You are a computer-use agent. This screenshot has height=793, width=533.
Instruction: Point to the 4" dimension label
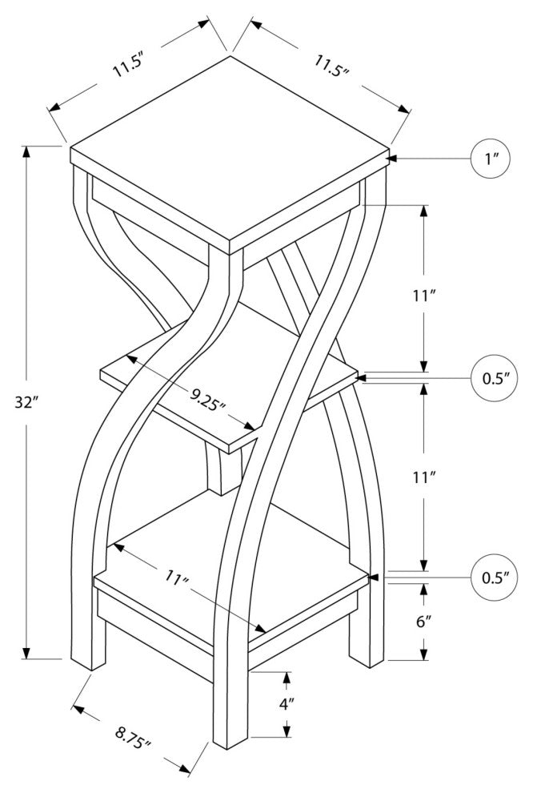tap(287, 703)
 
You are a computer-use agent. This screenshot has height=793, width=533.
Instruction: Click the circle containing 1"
tap(491, 159)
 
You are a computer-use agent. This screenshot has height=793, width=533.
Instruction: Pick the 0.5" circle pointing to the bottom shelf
tap(491, 577)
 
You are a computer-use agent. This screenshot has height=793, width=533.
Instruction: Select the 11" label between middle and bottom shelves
tap(424, 478)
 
